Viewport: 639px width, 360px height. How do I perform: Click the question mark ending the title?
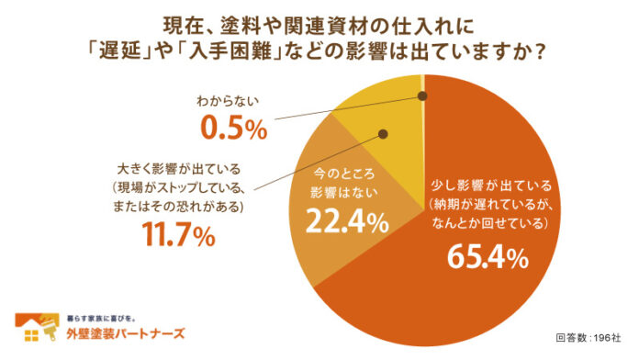pos(540,53)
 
